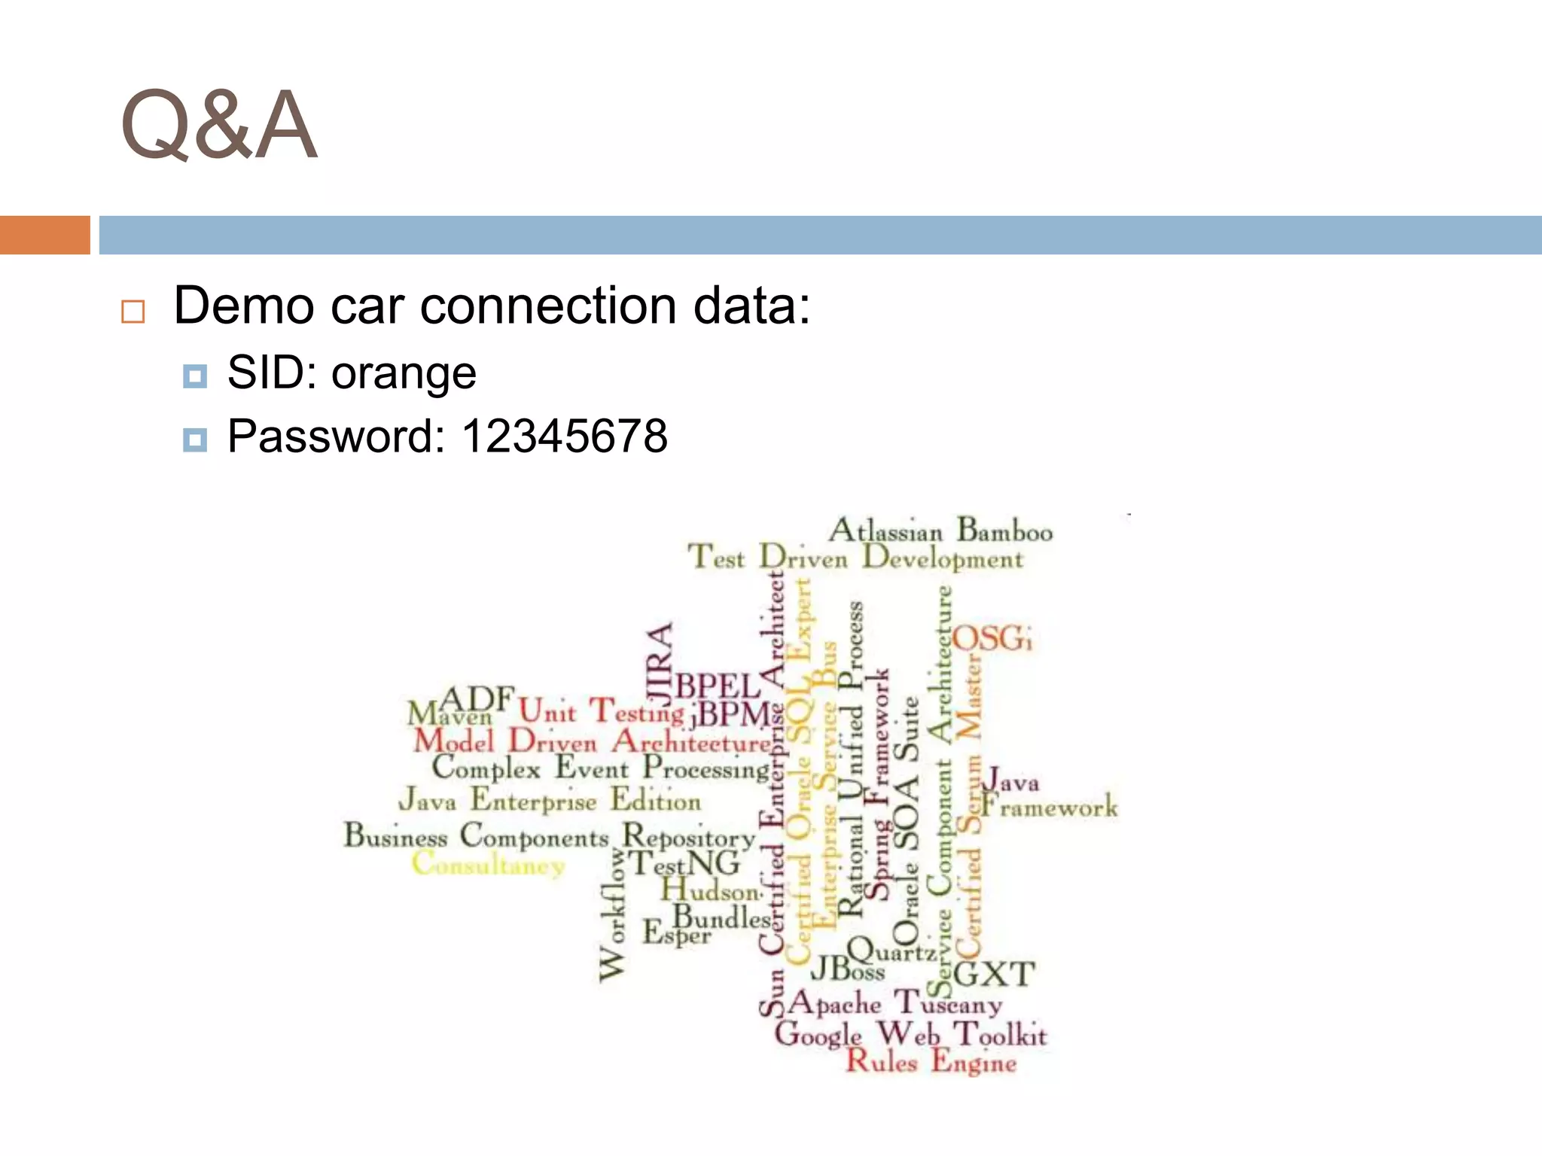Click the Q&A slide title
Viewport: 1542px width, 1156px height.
click(218, 126)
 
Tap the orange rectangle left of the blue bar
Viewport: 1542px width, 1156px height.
click(44, 235)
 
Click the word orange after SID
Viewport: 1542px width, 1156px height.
click(404, 373)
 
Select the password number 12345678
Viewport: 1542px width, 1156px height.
click(564, 437)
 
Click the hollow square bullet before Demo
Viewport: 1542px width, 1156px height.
click(133, 311)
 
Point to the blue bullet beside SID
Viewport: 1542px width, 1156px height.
click(195, 376)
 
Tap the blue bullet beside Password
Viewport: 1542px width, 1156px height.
click(195, 439)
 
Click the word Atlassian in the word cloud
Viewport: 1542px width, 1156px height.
click(885, 531)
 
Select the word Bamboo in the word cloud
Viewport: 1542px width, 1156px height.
click(1004, 531)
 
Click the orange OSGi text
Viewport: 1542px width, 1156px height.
click(992, 639)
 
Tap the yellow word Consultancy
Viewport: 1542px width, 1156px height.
click(488, 864)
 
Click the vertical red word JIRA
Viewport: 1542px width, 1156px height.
click(660, 661)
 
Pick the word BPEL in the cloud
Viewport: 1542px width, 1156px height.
click(718, 686)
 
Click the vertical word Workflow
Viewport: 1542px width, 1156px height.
click(612, 915)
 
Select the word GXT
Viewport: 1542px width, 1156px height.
click(995, 975)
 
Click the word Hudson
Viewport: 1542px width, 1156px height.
click(712, 891)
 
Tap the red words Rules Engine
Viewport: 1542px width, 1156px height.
click(931, 1062)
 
